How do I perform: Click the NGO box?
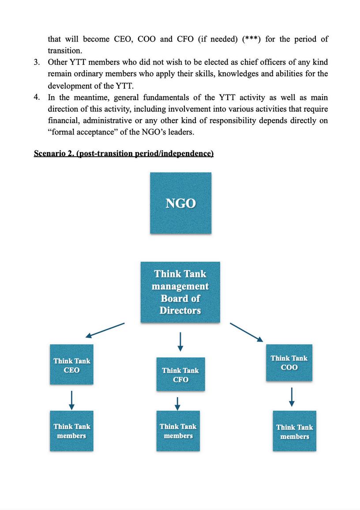point(180,203)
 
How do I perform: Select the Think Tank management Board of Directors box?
point(180,292)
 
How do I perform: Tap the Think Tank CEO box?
point(71,364)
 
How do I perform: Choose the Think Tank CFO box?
point(180,374)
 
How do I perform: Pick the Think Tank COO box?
point(289,362)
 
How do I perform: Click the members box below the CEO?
point(71,431)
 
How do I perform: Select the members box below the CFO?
point(178,431)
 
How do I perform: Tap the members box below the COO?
point(294,431)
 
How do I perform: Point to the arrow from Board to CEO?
point(105,330)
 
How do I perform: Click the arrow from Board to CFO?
point(180,342)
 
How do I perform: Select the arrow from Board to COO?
point(246,332)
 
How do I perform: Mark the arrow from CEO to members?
point(71,400)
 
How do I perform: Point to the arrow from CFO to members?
point(177,403)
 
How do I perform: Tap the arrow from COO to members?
point(291,397)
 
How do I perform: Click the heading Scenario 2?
point(124,154)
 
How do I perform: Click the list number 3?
point(37,62)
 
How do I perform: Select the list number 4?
point(37,97)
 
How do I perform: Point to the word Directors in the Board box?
point(180,310)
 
